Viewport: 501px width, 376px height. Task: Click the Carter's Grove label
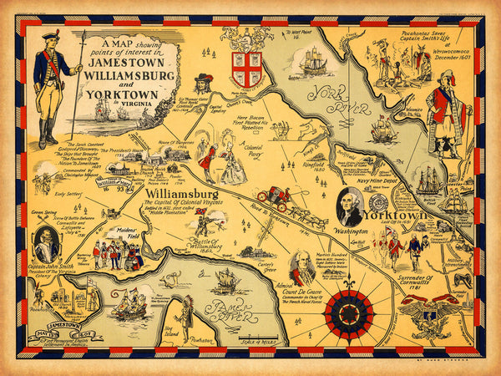tap(266, 262)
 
